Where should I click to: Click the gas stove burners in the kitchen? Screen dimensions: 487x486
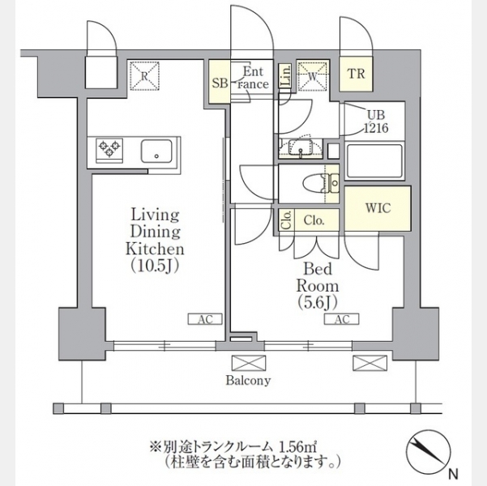[109, 150]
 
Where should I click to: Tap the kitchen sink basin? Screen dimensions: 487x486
[156, 151]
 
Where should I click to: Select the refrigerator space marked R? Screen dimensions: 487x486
[144, 76]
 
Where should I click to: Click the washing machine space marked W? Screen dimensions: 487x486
[313, 76]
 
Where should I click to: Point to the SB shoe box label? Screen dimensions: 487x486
[220, 83]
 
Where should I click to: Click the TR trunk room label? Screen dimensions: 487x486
[356, 75]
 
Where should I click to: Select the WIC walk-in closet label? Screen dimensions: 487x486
[378, 208]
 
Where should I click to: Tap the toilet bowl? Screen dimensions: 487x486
[316, 183]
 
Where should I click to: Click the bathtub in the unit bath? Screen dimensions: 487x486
[374, 161]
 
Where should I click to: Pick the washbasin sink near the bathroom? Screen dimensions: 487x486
[301, 147]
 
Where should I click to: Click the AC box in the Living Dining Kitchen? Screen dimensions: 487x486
[205, 319]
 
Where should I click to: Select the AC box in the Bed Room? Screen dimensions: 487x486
[342, 319]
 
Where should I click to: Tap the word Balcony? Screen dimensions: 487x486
[248, 381]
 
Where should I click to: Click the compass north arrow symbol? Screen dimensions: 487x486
[429, 450]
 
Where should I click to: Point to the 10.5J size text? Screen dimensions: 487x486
[154, 266]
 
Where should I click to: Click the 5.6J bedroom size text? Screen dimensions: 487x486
[318, 302]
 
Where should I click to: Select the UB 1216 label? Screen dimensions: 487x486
[376, 122]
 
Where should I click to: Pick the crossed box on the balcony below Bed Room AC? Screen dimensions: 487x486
[370, 363]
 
